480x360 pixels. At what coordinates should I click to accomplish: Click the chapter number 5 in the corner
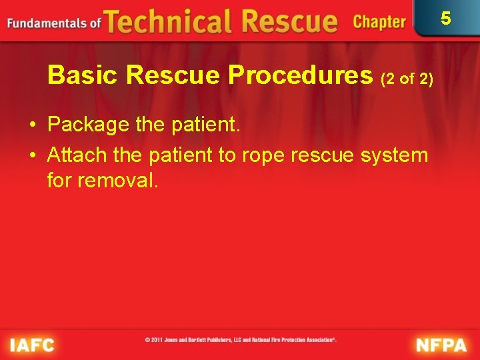(x=446, y=18)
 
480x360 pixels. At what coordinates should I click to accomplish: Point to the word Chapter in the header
(x=379, y=22)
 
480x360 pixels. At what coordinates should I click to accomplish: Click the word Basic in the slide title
(x=83, y=76)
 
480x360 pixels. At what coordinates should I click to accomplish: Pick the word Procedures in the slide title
(x=302, y=76)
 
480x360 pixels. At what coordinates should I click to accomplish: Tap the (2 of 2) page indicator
(x=407, y=79)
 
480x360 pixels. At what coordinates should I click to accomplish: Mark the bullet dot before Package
(x=32, y=125)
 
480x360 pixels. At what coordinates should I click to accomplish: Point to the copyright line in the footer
(x=241, y=339)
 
